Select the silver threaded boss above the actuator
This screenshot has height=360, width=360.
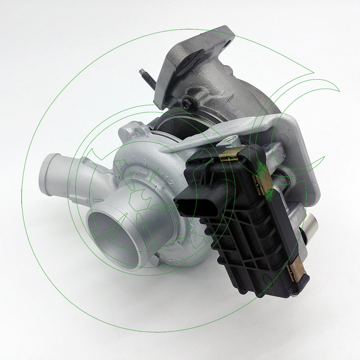(x=230, y=139)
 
